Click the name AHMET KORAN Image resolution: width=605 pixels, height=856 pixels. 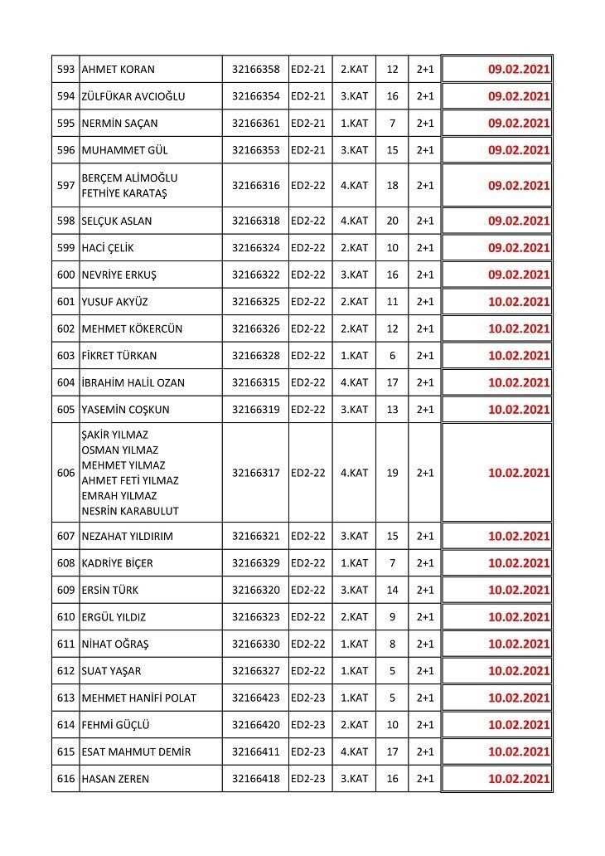click(x=119, y=70)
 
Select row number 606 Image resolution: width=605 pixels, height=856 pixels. click(x=65, y=473)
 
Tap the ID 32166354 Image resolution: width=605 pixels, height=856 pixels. click(x=255, y=96)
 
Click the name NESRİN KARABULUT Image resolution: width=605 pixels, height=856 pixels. click(x=129, y=511)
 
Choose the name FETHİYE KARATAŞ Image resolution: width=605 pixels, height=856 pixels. click(x=124, y=193)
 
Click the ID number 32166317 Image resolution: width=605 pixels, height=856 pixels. click(x=255, y=473)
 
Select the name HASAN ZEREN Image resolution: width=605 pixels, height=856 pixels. click(x=116, y=779)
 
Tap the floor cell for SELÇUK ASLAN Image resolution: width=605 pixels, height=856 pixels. click(x=354, y=221)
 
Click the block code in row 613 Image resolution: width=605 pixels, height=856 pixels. click(x=308, y=698)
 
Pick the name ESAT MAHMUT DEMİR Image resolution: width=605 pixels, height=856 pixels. click(x=137, y=751)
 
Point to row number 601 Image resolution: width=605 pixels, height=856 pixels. click(x=65, y=302)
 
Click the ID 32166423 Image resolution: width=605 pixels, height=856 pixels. click(x=255, y=698)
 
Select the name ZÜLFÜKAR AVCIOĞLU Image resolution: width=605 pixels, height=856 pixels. click(x=133, y=96)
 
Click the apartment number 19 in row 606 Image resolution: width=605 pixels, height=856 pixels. click(x=392, y=473)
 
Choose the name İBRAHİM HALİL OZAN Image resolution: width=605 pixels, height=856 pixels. click(x=133, y=382)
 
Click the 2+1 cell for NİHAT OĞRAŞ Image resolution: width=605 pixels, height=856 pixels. click(x=425, y=644)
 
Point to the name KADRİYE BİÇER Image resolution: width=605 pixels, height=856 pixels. click(x=118, y=563)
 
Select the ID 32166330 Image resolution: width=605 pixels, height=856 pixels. click(x=255, y=644)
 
